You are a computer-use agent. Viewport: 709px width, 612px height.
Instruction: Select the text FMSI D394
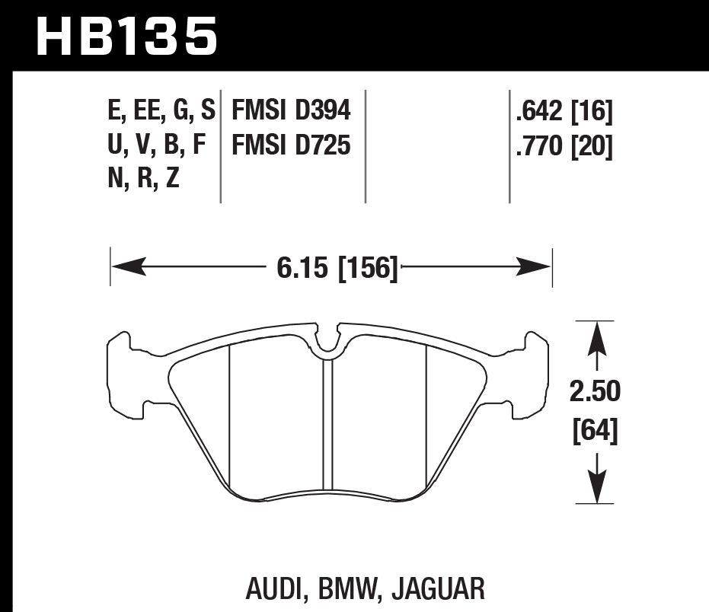pyautogui.click(x=291, y=112)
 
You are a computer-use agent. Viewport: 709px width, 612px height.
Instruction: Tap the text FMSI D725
pyautogui.click(x=291, y=145)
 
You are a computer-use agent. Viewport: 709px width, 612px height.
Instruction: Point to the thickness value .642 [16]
pyautogui.click(x=564, y=113)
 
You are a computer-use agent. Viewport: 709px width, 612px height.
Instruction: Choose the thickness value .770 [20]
pyautogui.click(x=564, y=145)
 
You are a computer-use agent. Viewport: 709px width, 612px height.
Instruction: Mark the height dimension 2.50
pyautogui.click(x=595, y=393)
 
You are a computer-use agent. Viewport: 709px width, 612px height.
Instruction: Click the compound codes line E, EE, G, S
pyautogui.click(x=161, y=112)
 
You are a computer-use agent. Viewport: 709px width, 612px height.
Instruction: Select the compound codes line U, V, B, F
pyautogui.click(x=158, y=145)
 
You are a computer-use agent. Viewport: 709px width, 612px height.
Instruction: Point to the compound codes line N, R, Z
pyautogui.click(x=143, y=178)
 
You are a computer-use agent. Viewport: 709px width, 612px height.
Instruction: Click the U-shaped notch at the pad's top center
pyautogui.click(x=328, y=343)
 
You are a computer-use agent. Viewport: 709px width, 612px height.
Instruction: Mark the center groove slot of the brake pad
pyautogui.click(x=328, y=426)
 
